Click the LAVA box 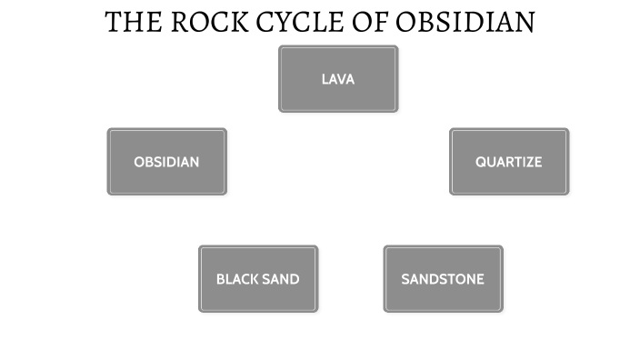pyautogui.click(x=338, y=79)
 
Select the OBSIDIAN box pyautogui.click(x=166, y=162)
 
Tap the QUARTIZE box pyautogui.click(x=509, y=162)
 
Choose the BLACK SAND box pyautogui.click(x=258, y=279)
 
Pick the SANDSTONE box pyautogui.click(x=443, y=279)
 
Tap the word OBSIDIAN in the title pyautogui.click(x=471, y=22)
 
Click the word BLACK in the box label pyautogui.click(x=238, y=279)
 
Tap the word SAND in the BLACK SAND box pyautogui.click(x=282, y=279)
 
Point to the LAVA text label pyautogui.click(x=338, y=79)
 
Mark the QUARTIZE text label pyautogui.click(x=509, y=162)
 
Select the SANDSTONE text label pyautogui.click(x=443, y=279)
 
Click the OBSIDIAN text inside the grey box pyautogui.click(x=166, y=162)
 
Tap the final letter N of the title pyautogui.click(x=525, y=22)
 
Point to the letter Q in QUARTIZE pyautogui.click(x=481, y=162)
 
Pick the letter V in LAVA pyautogui.click(x=342, y=79)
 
